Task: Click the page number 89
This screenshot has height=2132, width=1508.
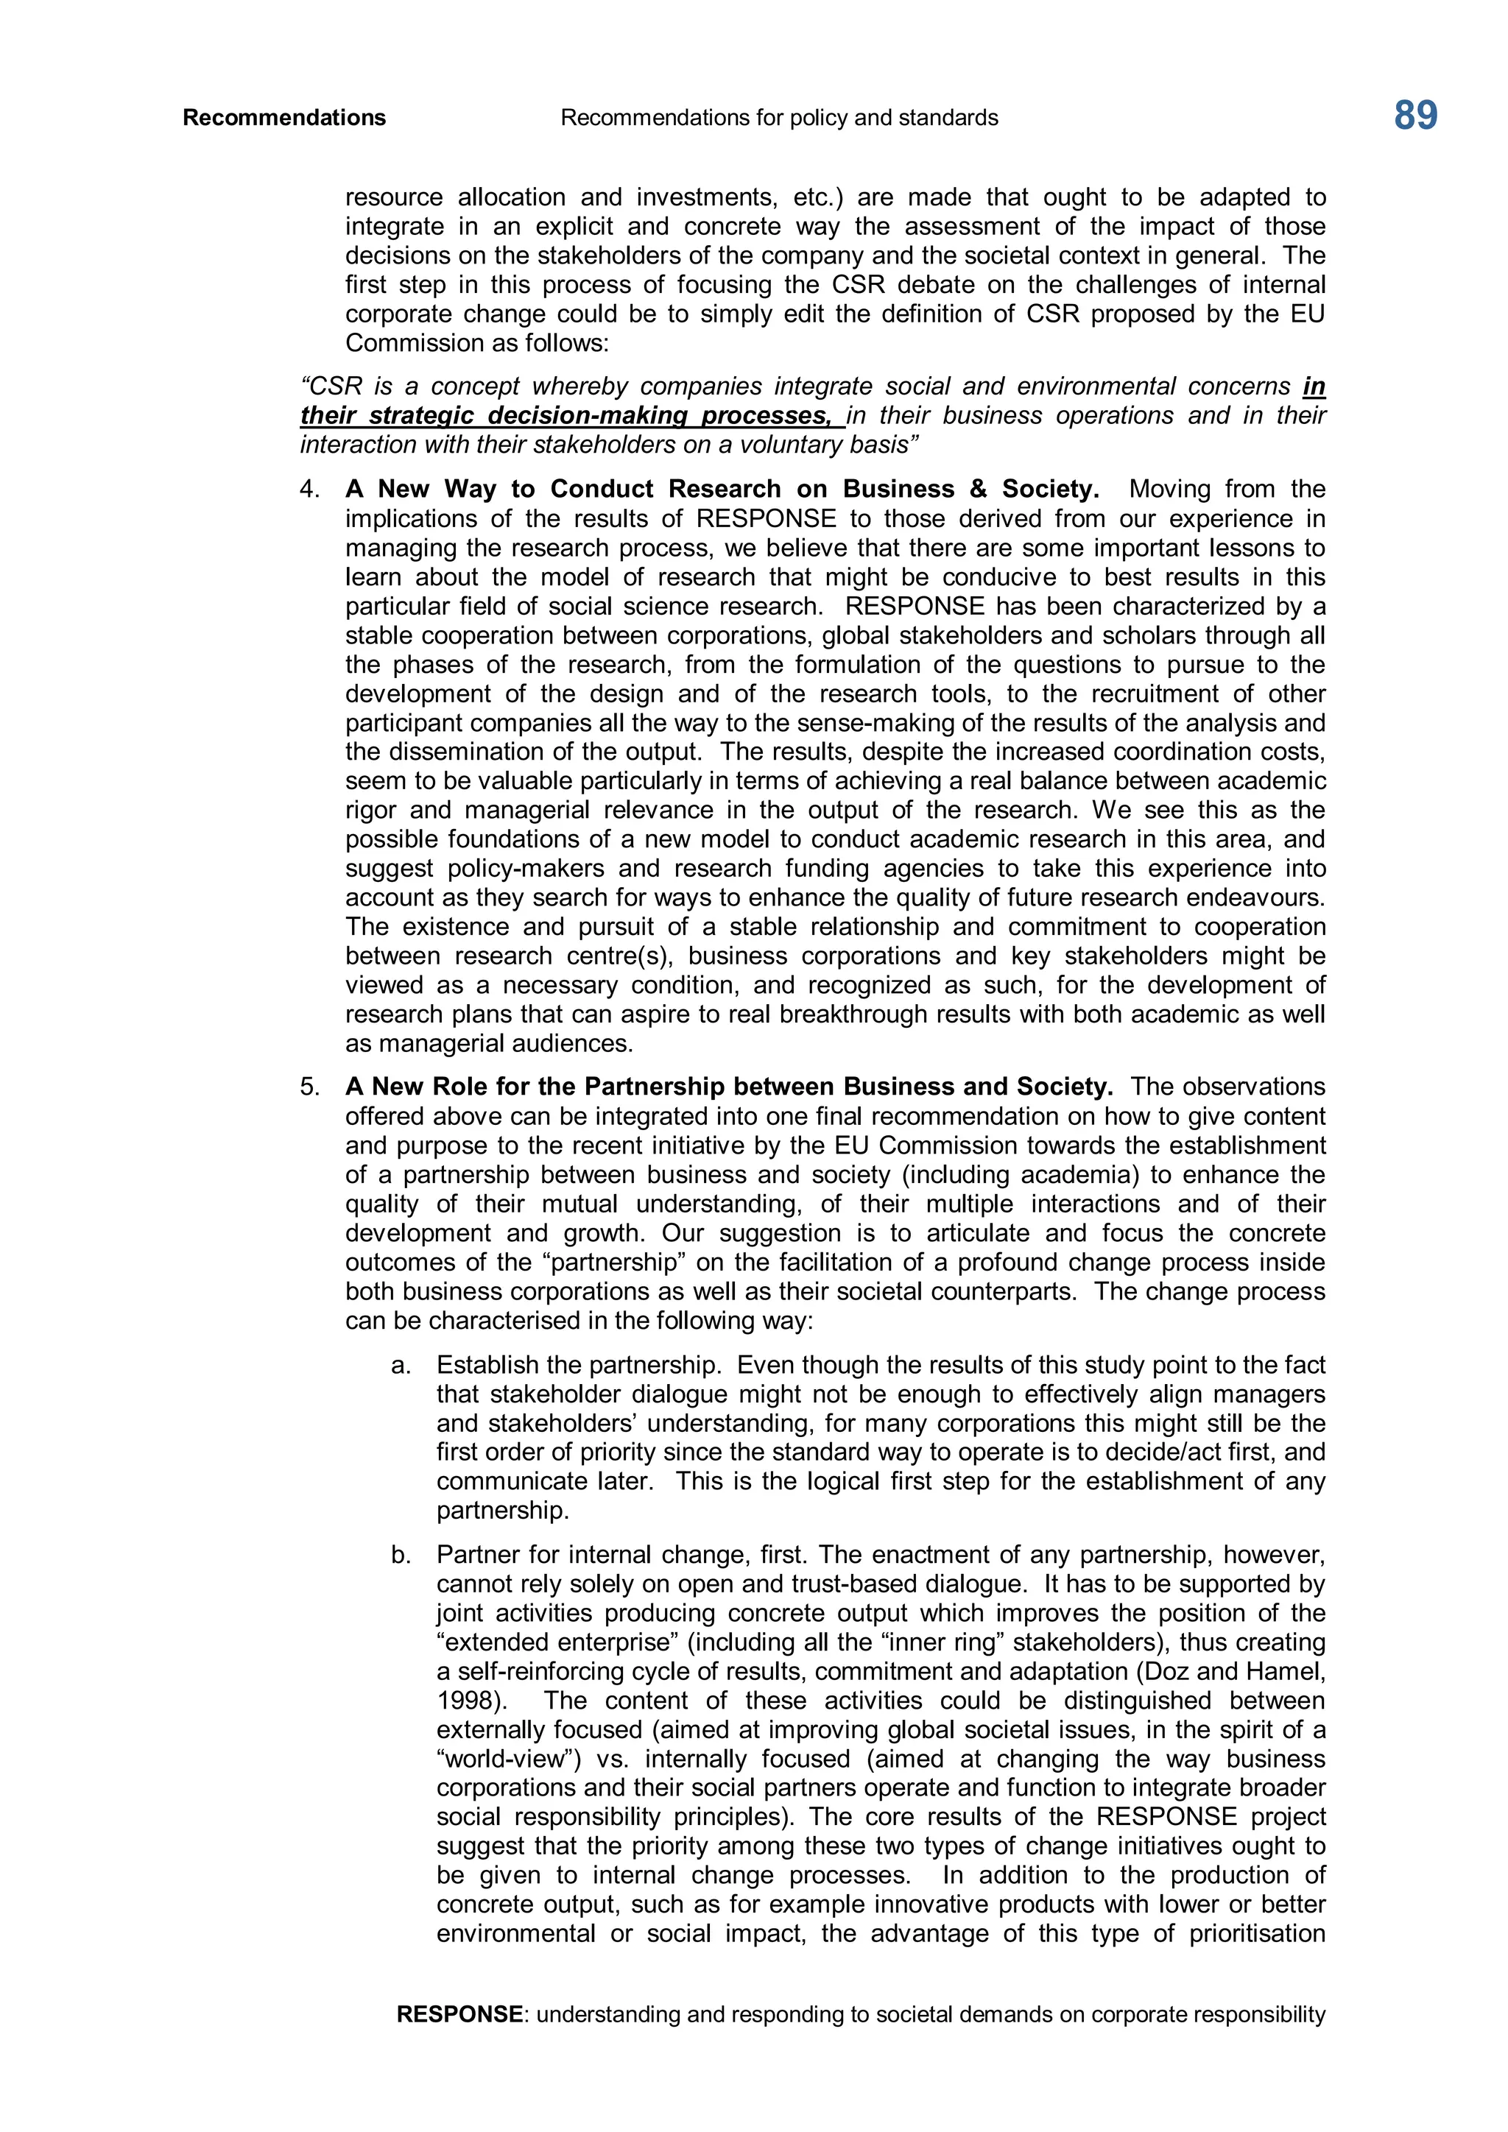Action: pyautogui.click(x=1414, y=117)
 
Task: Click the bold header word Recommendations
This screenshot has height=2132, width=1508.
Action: pyautogui.click(x=284, y=118)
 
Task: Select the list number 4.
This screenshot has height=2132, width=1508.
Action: pyautogui.click(x=309, y=490)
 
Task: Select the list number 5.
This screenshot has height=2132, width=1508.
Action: pyautogui.click(x=309, y=1087)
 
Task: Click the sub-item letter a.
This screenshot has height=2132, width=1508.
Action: pyautogui.click(x=401, y=1365)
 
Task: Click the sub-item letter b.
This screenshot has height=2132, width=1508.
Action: pyautogui.click(x=401, y=1554)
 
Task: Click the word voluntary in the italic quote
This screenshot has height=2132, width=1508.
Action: pyautogui.click(x=778, y=445)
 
